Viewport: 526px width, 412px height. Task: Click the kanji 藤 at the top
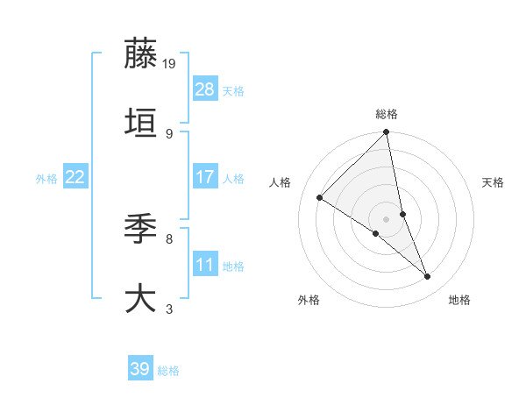click(x=141, y=54)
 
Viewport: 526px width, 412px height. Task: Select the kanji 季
click(x=141, y=230)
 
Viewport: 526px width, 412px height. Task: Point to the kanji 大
click(x=141, y=298)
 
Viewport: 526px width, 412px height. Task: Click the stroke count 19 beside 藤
click(x=170, y=63)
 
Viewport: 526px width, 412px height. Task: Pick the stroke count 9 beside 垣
click(x=168, y=133)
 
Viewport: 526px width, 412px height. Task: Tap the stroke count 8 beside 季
click(x=168, y=238)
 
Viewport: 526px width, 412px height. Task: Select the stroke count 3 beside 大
click(x=168, y=309)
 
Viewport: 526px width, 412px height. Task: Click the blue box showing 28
click(x=205, y=89)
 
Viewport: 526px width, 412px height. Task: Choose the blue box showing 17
click(x=205, y=177)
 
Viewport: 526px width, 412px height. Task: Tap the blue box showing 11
click(x=205, y=265)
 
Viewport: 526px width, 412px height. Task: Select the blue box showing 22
click(x=75, y=177)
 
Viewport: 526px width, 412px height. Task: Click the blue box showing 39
click(x=140, y=369)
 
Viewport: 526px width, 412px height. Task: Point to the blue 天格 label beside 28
click(x=233, y=91)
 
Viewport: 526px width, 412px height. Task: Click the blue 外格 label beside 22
click(x=46, y=179)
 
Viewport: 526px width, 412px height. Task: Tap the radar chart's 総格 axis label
click(x=387, y=114)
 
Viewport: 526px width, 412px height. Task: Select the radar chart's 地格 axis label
click(x=459, y=301)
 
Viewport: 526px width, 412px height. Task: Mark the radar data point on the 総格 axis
click(x=387, y=133)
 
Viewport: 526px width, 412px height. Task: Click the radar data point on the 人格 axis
click(x=320, y=198)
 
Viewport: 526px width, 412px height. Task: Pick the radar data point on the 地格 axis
click(x=428, y=277)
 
